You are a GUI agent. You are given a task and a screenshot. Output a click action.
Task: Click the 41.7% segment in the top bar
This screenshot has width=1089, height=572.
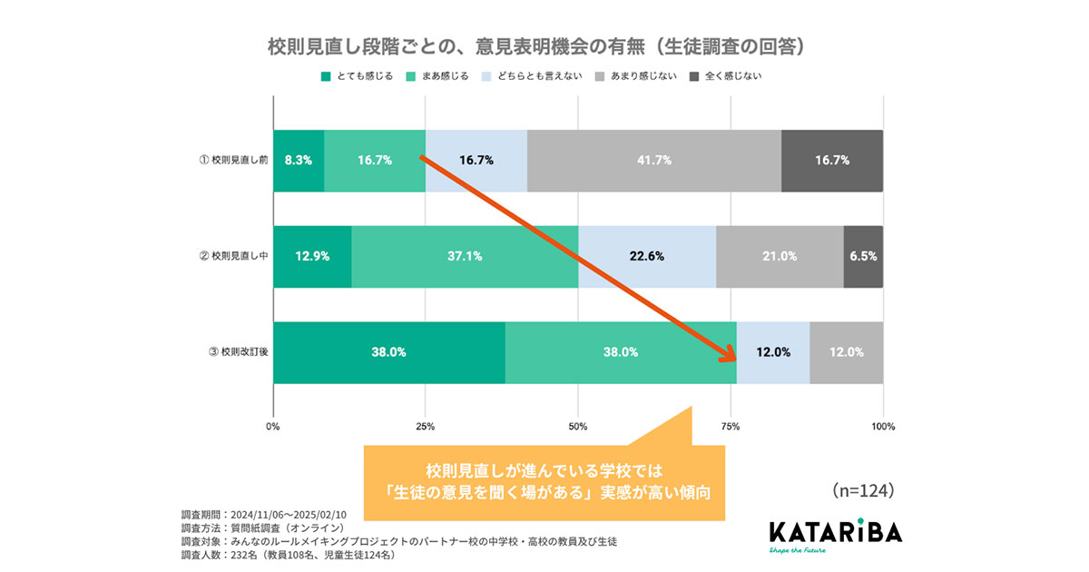point(653,161)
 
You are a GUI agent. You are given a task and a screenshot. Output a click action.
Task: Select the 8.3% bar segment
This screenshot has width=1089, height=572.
point(298,161)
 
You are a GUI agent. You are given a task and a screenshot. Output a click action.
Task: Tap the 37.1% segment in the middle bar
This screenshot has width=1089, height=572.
point(465,256)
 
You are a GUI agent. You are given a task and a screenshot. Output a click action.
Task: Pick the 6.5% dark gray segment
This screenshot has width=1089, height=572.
point(863,256)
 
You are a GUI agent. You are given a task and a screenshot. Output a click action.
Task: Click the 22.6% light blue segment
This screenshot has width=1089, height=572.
point(646,256)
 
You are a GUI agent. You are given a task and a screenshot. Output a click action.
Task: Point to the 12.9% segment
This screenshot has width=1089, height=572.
point(311,256)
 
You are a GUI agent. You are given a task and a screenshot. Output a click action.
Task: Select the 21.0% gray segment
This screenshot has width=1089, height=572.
point(779,256)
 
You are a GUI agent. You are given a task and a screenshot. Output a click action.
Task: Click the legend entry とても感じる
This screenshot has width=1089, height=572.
point(357,76)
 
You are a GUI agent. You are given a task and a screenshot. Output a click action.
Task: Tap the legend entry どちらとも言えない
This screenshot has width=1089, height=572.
point(530,76)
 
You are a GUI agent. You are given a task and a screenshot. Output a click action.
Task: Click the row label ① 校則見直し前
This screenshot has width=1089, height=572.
point(233,161)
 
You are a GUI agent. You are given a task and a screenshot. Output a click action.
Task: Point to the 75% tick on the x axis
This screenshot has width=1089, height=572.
point(731,426)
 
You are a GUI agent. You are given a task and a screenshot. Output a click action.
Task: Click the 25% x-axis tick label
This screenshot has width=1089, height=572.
point(425,426)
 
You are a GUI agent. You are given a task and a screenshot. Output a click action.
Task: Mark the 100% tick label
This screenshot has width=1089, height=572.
point(882,426)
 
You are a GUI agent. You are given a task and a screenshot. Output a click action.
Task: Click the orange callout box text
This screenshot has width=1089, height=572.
point(545,483)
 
